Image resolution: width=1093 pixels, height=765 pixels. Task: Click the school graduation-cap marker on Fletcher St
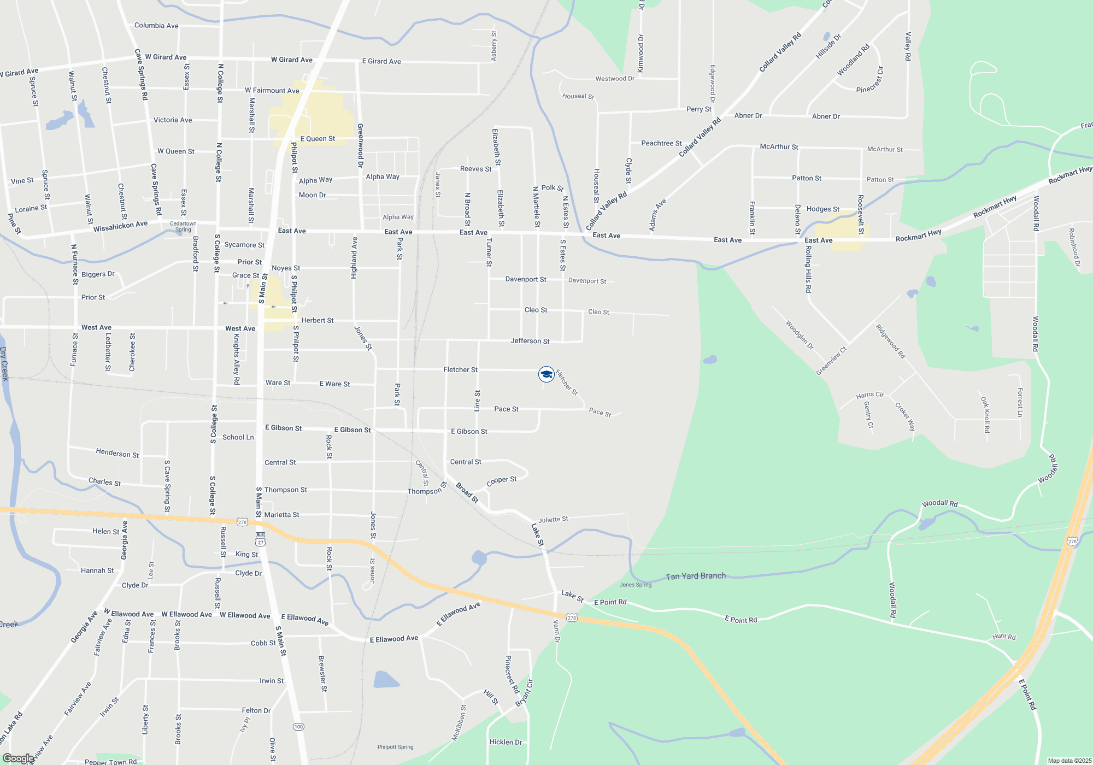(x=546, y=374)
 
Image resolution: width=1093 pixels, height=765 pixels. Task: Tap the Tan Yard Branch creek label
(x=696, y=576)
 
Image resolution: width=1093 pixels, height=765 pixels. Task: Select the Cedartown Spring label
(x=183, y=226)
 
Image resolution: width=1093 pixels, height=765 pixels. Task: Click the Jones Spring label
(x=636, y=585)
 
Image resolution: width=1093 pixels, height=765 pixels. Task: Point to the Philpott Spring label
(x=395, y=747)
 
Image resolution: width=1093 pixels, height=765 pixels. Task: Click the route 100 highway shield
(x=298, y=727)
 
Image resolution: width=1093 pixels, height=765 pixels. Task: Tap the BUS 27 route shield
(x=260, y=539)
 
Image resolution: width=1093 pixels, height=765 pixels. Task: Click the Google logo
(x=18, y=758)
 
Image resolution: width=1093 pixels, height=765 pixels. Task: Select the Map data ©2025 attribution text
(x=1069, y=761)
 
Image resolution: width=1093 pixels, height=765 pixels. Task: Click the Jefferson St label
(x=530, y=341)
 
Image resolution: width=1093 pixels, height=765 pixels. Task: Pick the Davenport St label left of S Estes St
(x=525, y=279)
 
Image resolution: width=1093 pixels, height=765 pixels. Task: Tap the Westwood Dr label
(x=615, y=79)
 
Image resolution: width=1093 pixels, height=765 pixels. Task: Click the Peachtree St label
(x=661, y=143)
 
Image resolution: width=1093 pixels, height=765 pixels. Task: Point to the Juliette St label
(x=553, y=519)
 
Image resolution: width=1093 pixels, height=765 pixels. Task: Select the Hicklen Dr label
(x=506, y=742)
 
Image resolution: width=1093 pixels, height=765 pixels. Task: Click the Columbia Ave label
(x=156, y=26)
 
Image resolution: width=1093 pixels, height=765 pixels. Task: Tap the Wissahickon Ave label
(x=120, y=226)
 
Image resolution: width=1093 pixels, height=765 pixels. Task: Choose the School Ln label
(x=238, y=437)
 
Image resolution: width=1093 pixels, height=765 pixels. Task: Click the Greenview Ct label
(x=831, y=361)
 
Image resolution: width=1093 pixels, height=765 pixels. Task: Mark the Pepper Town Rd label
(x=110, y=762)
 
